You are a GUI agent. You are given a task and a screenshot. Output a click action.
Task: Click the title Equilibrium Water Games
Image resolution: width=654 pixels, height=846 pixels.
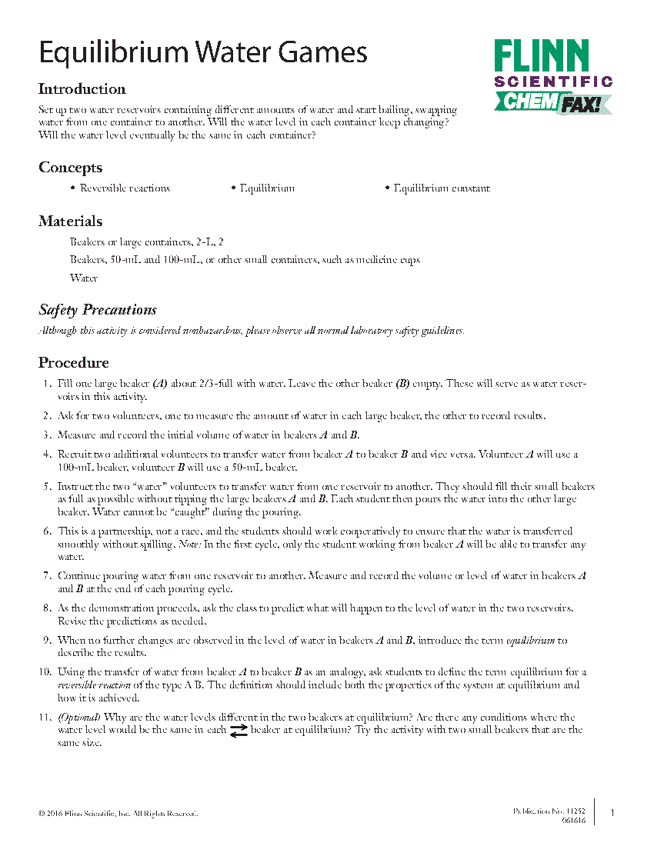203,53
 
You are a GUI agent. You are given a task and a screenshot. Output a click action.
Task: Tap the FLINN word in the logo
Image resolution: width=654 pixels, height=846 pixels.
542,58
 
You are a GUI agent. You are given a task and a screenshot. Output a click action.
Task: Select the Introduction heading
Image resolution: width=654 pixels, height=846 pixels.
82,88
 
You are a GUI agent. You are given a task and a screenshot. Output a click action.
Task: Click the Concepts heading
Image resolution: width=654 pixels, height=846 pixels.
70,168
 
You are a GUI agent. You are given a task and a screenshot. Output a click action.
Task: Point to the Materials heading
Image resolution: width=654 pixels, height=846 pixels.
70,221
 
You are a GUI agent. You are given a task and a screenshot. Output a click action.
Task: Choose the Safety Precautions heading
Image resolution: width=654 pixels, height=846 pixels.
98,310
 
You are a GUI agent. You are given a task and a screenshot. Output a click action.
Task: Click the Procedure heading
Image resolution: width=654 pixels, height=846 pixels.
74,363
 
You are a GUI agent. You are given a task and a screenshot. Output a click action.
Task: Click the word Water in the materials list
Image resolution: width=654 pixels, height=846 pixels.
84,278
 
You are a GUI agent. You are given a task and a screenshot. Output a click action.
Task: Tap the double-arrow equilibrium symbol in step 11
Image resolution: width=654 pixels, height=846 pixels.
239,731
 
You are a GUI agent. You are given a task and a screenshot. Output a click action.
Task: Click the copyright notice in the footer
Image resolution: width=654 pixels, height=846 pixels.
118,813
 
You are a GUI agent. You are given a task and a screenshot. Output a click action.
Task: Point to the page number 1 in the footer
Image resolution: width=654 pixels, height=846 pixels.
612,813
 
